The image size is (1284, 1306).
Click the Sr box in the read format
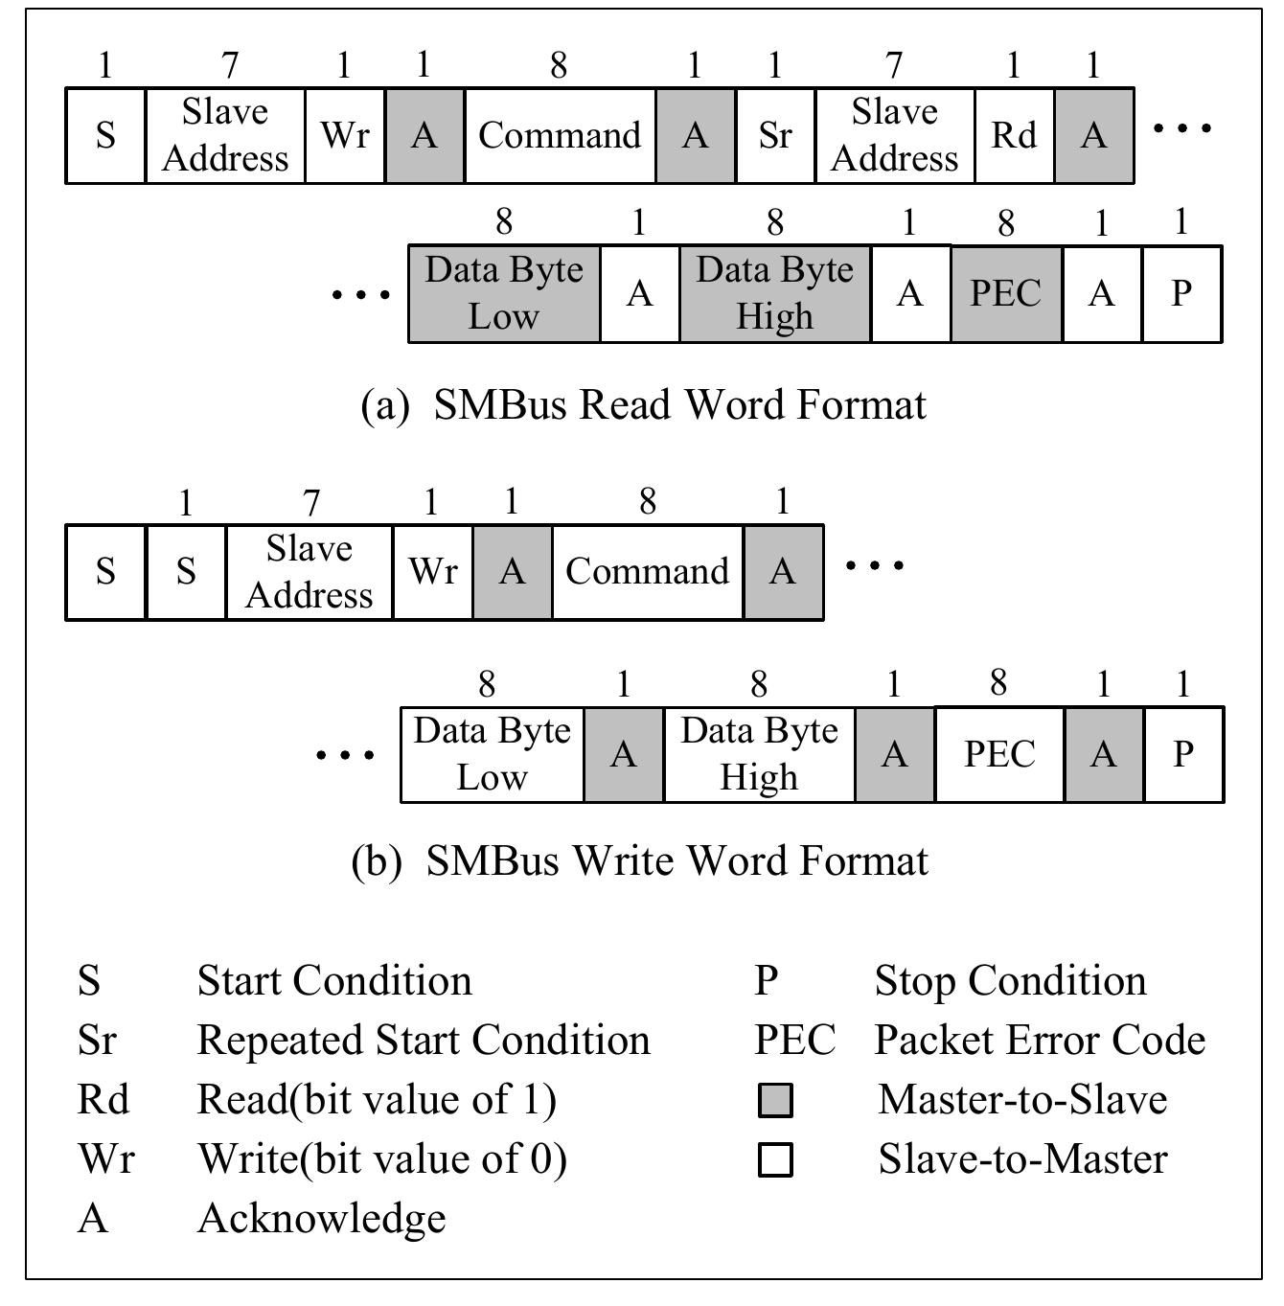(774, 135)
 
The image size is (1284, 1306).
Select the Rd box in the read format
(1014, 135)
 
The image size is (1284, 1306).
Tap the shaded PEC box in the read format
(1005, 293)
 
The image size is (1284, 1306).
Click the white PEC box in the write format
(998, 754)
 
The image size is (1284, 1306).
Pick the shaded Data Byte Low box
(504, 293)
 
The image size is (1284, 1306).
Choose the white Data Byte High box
(759, 754)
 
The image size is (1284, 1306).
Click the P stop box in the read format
(1181, 293)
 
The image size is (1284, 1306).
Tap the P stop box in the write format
(1183, 754)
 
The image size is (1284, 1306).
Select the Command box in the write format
(648, 572)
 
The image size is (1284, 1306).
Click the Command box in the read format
(560, 135)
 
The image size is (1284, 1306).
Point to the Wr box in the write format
(432, 572)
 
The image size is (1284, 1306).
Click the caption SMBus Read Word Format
(644, 405)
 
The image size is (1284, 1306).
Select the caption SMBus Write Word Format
(640, 860)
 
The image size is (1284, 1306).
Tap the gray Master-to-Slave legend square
(775, 1100)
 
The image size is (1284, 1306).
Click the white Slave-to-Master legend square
(775, 1159)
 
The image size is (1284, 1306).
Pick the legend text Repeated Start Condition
(423, 1041)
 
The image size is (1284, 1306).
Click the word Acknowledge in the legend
(321, 1219)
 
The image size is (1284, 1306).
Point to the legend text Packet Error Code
(1040, 1041)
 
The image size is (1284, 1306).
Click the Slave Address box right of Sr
(894, 135)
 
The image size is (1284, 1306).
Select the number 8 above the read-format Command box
(559, 65)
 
